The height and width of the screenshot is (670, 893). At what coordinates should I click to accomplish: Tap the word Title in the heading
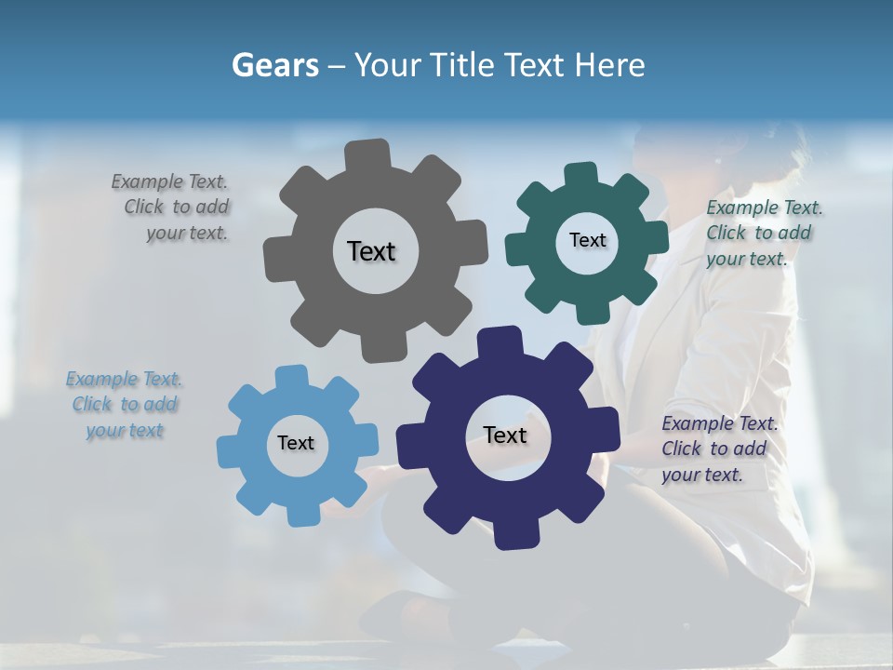(x=464, y=65)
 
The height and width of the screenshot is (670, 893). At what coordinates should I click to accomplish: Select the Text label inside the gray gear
(x=372, y=251)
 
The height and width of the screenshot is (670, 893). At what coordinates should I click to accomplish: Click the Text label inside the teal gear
(x=587, y=240)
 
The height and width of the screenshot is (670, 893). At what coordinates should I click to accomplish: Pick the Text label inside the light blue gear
(x=296, y=443)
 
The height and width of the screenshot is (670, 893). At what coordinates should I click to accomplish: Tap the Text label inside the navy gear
(x=505, y=435)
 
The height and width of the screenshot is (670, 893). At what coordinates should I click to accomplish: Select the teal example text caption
(x=763, y=233)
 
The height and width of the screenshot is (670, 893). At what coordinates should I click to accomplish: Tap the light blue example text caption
(x=125, y=405)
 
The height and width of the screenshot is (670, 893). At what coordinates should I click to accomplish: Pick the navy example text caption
(x=718, y=449)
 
